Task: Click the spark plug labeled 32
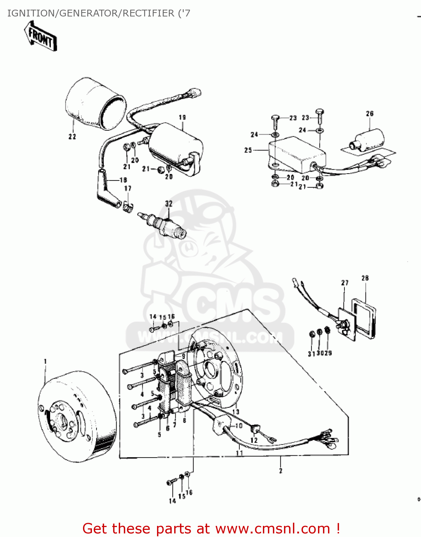point(163,224)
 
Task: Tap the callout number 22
point(72,136)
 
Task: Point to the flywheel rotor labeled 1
point(77,415)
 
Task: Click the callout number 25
point(248,150)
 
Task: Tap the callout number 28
point(365,278)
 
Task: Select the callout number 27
point(344,283)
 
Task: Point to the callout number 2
point(280,471)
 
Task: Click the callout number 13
point(235,412)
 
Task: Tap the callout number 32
point(169,203)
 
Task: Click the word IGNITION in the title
point(30,13)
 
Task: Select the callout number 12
point(254,440)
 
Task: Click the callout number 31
point(311,353)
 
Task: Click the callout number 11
point(239,453)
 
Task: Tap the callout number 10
point(239,426)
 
